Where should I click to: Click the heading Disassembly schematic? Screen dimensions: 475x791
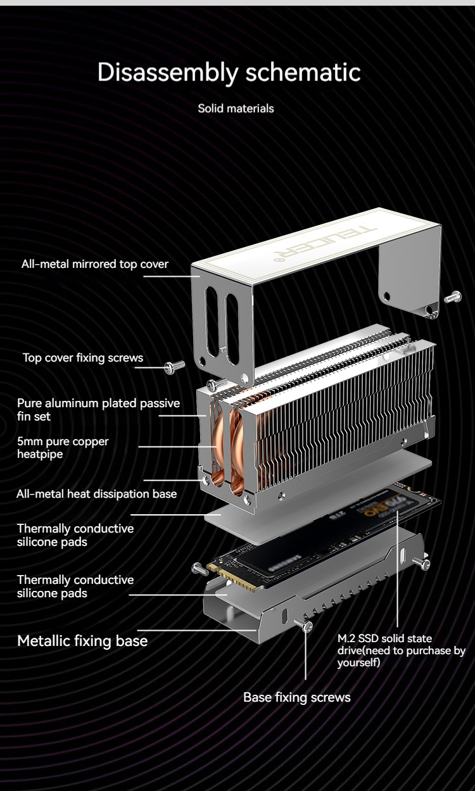coord(229,73)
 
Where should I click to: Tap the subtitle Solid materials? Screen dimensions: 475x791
coord(236,108)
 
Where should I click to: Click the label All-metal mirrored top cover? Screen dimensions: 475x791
coord(94,264)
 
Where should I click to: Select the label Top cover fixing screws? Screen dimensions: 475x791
coord(83,358)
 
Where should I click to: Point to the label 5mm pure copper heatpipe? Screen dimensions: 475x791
coord(63,447)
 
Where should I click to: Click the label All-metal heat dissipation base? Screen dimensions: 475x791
coord(96,494)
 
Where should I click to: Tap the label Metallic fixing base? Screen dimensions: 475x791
coord(82,640)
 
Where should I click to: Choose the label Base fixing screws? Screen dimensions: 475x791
coord(296,697)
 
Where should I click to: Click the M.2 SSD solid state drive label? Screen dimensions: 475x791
coord(401,650)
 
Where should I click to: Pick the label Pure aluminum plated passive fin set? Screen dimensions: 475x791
coord(98,410)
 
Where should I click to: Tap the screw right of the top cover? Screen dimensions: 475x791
coord(453,296)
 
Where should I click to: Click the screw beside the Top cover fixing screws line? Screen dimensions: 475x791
coord(175,367)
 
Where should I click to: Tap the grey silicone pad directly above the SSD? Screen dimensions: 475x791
coord(318,495)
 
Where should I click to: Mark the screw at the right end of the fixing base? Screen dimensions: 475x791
coord(421,562)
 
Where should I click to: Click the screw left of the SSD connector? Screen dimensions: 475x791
coord(200,569)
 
